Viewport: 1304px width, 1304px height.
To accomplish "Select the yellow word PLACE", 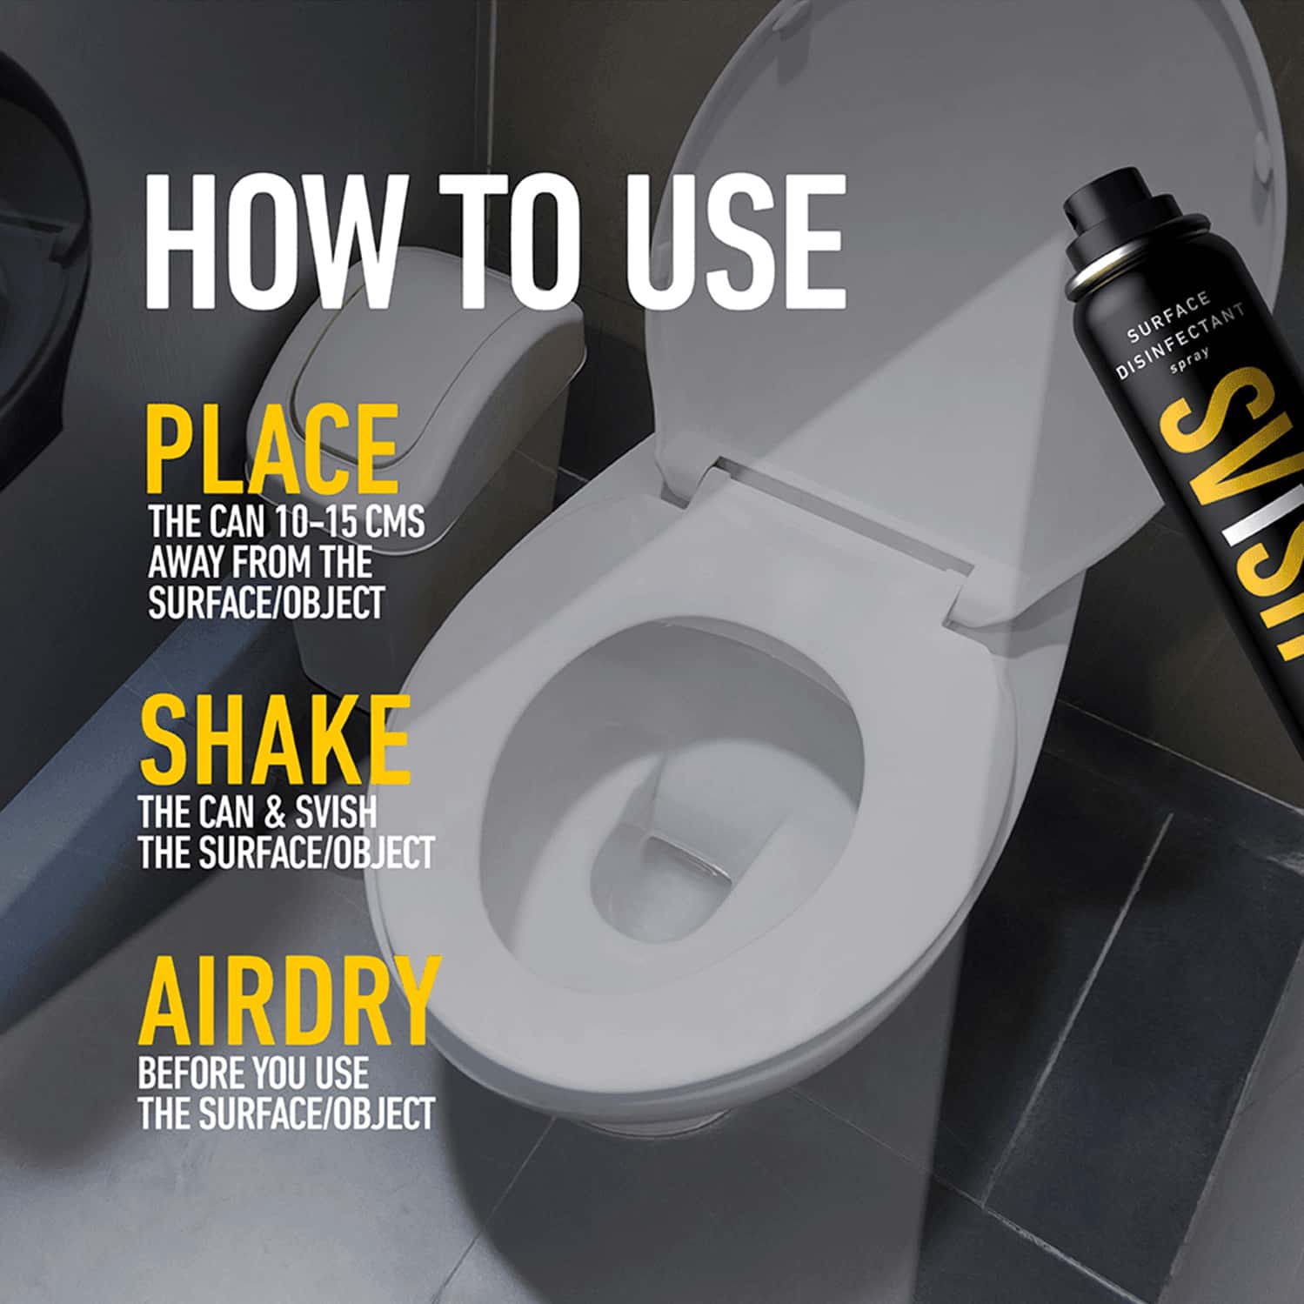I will pyautogui.click(x=271, y=449).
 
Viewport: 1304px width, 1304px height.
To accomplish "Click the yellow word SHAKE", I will pyautogui.click(x=274, y=740).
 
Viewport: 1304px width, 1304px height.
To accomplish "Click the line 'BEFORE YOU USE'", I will pyautogui.click(x=252, y=1073).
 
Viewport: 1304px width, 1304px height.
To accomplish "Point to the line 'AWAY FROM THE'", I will pyautogui.click(x=259, y=563).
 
